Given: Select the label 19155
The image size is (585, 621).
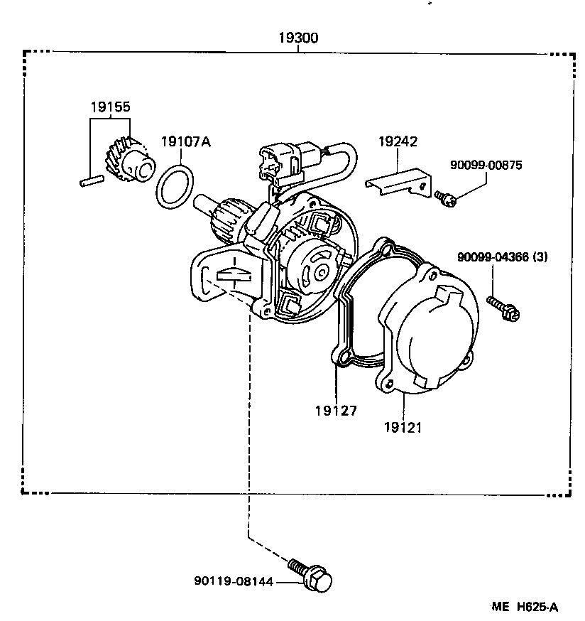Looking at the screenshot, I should (x=110, y=107).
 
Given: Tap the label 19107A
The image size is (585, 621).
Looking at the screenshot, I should (x=185, y=141).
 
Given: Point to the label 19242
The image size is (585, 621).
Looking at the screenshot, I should (x=397, y=141).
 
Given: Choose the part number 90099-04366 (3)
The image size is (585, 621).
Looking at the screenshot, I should (x=502, y=257).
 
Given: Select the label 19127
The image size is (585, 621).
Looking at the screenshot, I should (x=337, y=410).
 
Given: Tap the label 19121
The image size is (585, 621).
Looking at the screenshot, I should (x=403, y=427).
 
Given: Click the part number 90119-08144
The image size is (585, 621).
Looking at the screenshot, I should (x=233, y=582).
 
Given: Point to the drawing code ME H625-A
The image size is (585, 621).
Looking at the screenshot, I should (x=525, y=606).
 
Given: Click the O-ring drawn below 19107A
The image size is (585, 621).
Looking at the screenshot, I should (x=175, y=187).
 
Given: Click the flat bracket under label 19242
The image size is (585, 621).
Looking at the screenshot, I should (x=398, y=179).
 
